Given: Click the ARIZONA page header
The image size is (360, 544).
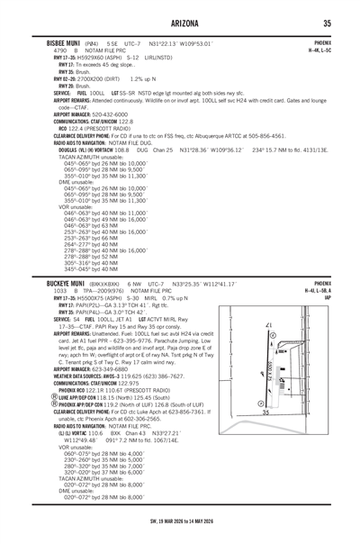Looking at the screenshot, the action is [180, 23].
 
